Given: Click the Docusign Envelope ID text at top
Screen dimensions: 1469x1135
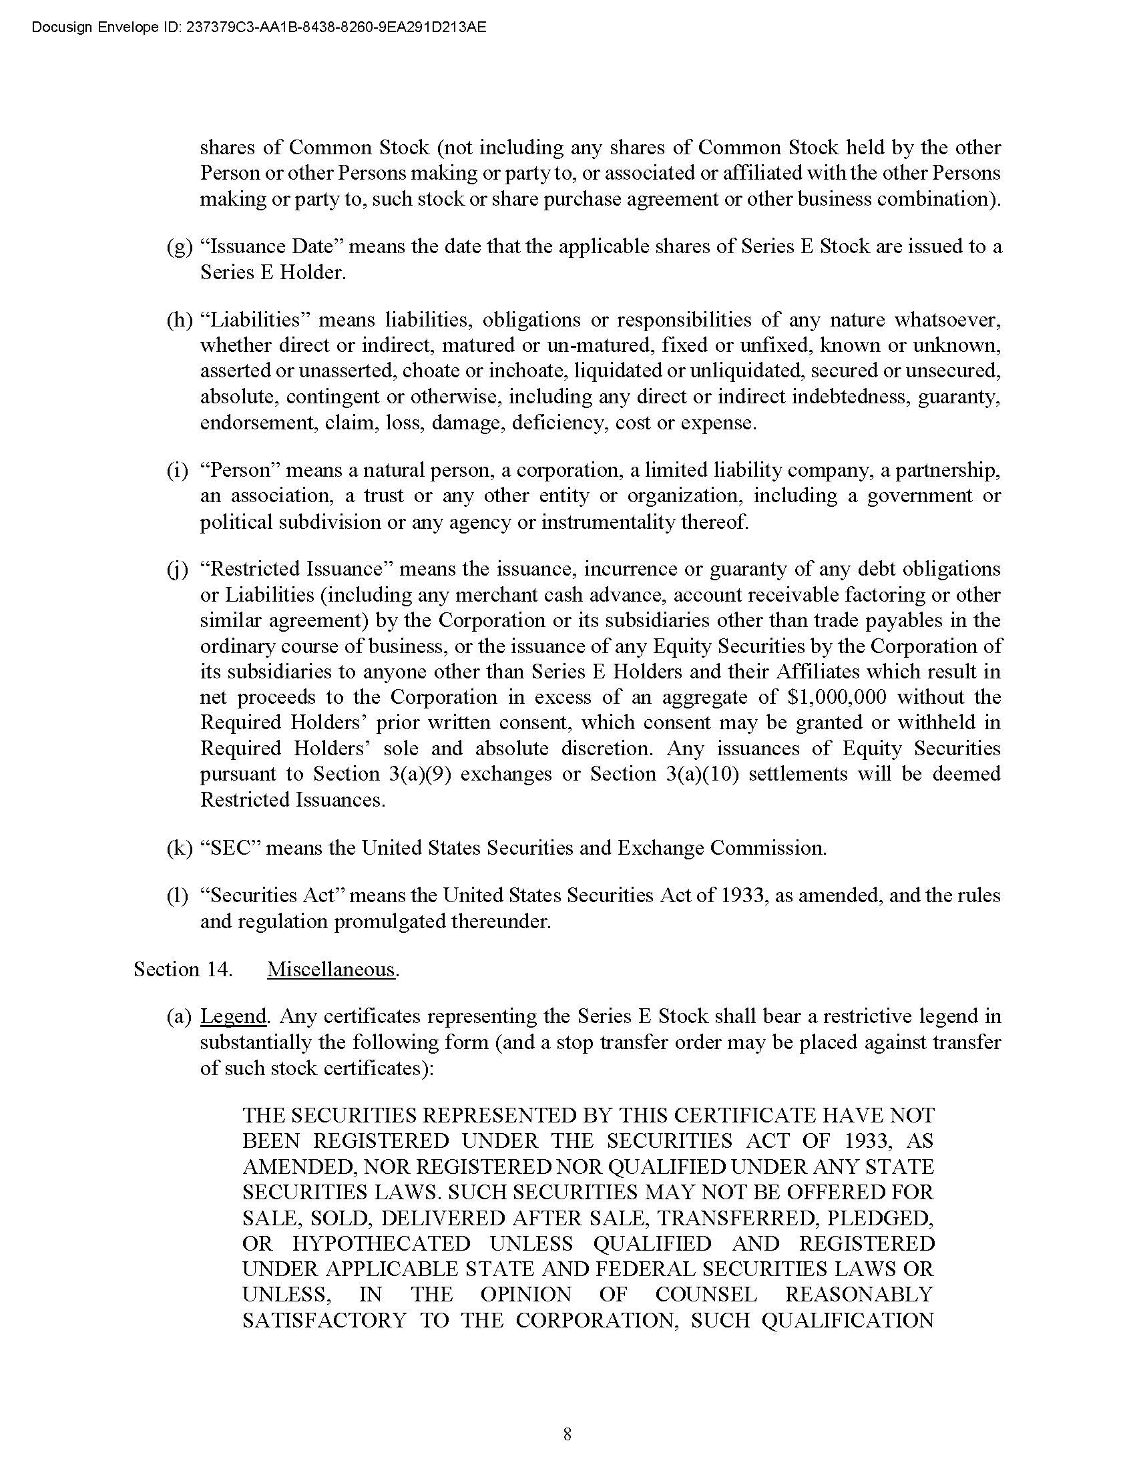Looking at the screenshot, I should [x=259, y=27].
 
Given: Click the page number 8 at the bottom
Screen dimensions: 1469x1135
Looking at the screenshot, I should [x=567, y=1434].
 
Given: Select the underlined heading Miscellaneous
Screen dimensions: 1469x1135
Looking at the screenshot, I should [x=330, y=970].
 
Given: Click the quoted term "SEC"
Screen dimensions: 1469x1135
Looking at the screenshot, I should [x=230, y=847].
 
